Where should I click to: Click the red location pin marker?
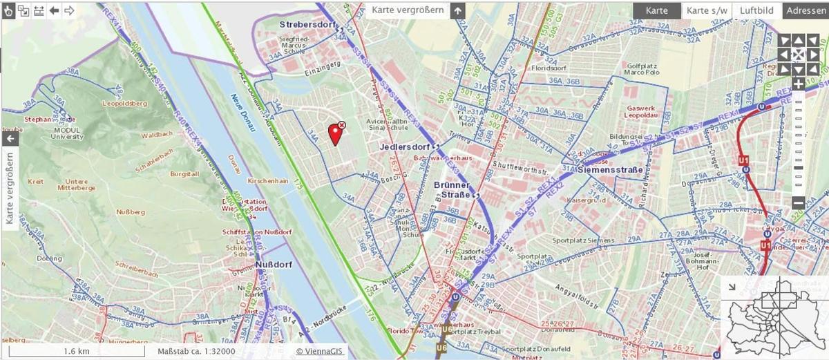[336, 133]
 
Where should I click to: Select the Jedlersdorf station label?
[405, 147]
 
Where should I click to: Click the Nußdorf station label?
[271, 264]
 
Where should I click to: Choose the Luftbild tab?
[756, 10]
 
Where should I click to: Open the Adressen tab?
[806, 10]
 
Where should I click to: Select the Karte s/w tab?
[707, 10]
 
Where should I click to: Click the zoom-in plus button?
[799, 84]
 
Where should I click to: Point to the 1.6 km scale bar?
[76, 351]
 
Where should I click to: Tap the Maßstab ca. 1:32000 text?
[196, 351]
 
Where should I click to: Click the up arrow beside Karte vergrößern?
[457, 10]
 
